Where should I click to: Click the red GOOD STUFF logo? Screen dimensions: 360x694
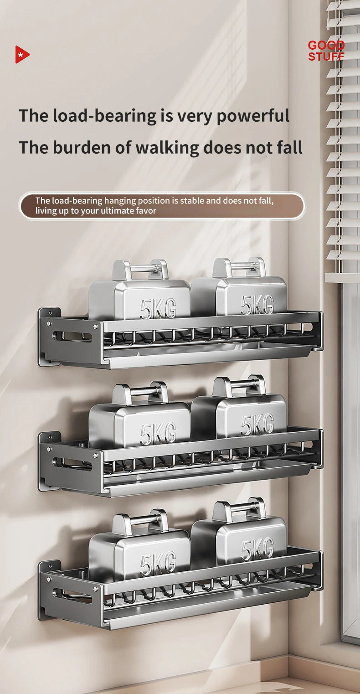point(326,51)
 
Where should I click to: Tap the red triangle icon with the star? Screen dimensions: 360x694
point(22,55)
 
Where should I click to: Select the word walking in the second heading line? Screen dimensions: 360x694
point(167,148)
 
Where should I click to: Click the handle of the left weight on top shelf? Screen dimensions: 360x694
point(140,269)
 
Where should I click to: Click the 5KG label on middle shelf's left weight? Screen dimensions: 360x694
point(158,433)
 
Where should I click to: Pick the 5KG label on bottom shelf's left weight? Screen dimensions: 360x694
point(158,563)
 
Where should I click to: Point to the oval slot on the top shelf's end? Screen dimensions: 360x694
point(72,336)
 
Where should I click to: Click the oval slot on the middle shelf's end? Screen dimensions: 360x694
point(72,464)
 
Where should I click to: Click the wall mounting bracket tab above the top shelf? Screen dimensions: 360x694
point(50,312)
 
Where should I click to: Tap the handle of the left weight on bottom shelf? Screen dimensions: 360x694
point(140,521)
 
